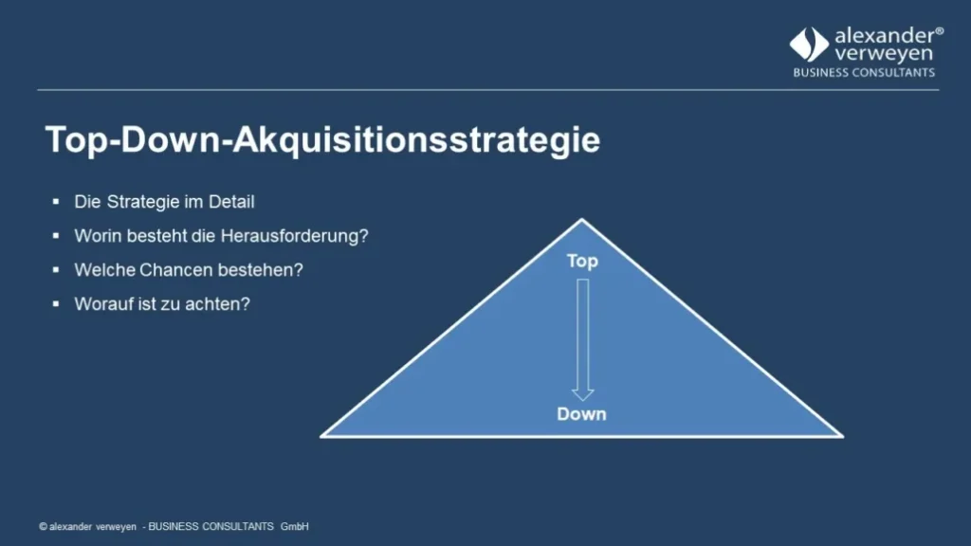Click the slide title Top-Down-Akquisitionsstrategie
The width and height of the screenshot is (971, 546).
tap(322, 140)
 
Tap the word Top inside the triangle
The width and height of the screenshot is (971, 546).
tap(582, 261)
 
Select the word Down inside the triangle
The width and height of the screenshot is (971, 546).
tap(581, 414)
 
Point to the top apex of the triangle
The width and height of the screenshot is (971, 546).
tap(581, 220)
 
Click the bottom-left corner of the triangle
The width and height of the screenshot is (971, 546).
tap(323, 436)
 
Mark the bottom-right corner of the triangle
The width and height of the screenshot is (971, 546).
tap(840, 436)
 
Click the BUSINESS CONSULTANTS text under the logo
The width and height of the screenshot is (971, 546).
tap(864, 73)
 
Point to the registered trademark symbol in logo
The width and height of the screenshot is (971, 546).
tap(939, 31)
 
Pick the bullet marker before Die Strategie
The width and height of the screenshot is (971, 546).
tap(55, 202)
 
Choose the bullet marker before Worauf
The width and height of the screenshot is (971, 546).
tap(55, 304)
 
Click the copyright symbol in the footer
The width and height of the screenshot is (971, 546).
tap(43, 526)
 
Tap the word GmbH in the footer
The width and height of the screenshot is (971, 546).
tap(295, 526)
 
